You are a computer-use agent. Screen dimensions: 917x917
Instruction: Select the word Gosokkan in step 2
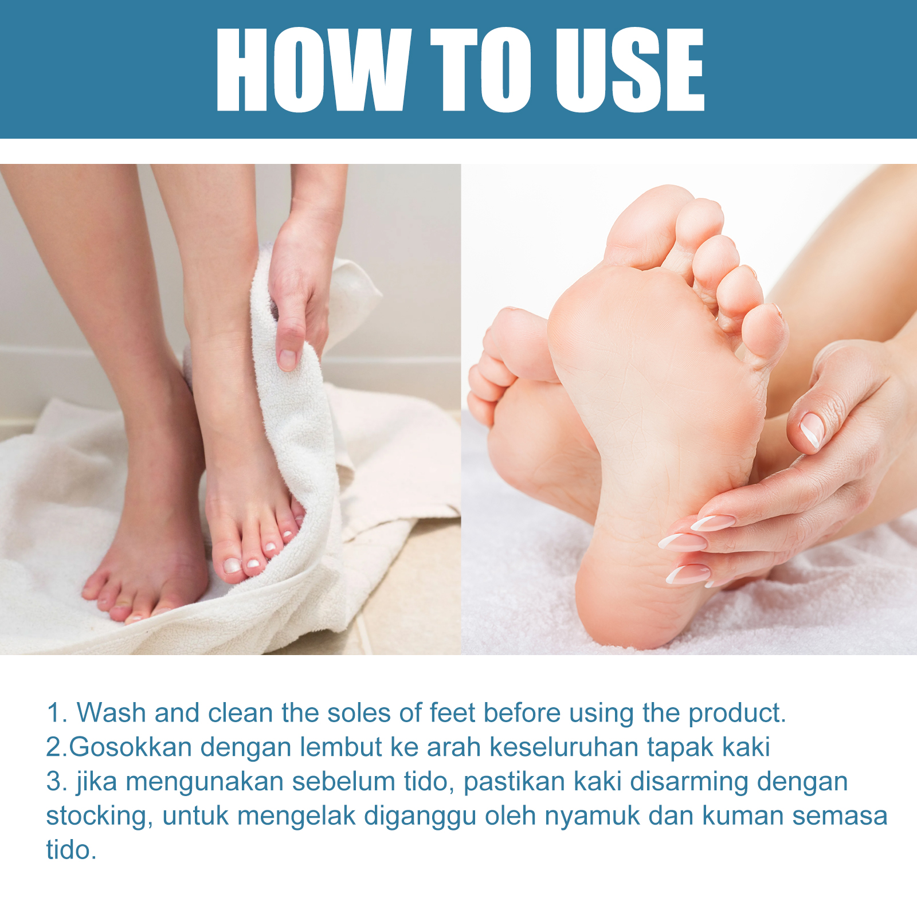tap(130, 747)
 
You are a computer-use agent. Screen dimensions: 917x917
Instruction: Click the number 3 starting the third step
tap(53, 782)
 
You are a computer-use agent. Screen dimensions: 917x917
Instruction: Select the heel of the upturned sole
tap(630, 596)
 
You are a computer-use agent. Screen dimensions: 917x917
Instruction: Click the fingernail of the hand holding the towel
tap(287, 359)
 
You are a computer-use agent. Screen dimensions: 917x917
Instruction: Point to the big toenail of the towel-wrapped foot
tap(232, 565)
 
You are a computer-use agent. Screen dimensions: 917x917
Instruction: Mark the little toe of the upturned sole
tap(766, 332)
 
